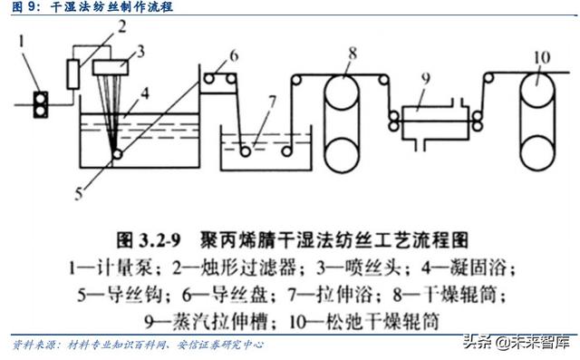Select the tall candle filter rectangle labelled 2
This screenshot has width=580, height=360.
click(73, 72)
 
